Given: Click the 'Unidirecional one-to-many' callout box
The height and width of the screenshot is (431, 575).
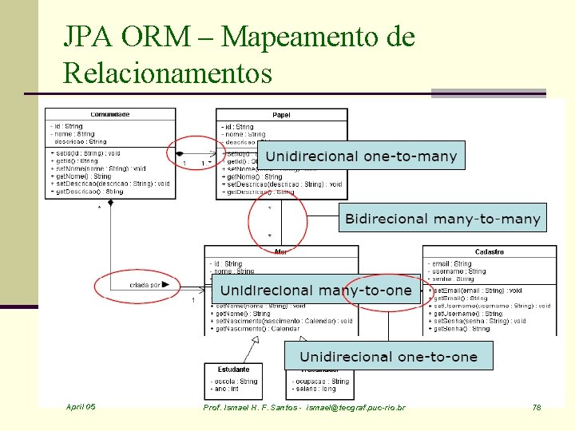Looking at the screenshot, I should click(361, 156).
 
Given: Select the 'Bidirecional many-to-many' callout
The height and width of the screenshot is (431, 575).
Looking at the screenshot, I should click(442, 218).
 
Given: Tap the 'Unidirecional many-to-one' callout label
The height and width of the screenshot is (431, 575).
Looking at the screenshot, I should click(315, 291).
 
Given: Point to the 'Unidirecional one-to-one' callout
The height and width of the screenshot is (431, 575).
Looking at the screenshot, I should click(388, 356).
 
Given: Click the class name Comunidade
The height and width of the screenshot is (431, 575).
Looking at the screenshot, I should click(110, 114).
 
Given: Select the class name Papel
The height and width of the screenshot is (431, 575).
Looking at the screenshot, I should click(281, 115).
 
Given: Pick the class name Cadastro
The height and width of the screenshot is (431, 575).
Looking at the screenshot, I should click(490, 252).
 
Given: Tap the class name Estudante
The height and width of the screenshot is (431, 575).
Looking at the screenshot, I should click(233, 370).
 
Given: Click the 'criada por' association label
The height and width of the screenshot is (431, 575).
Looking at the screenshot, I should click(145, 284).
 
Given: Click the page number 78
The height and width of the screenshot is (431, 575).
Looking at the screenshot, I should click(537, 408).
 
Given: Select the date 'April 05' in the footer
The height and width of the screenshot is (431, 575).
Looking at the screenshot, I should click(81, 407).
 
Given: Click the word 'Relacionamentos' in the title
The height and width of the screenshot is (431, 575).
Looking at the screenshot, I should click(168, 73).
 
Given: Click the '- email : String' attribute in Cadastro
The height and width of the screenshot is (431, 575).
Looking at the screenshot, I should click(453, 263).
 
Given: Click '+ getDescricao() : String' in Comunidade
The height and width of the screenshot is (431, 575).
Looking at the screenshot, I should click(87, 192).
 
